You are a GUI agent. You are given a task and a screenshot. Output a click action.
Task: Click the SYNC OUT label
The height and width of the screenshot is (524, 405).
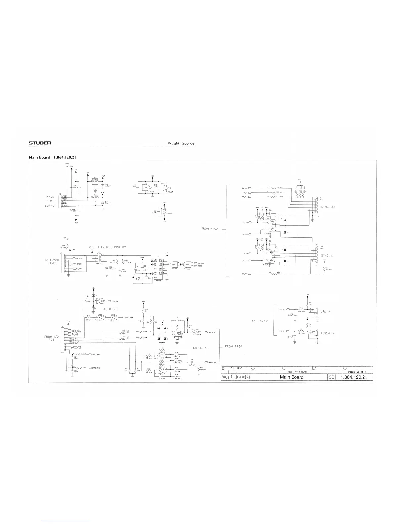coord(328,207)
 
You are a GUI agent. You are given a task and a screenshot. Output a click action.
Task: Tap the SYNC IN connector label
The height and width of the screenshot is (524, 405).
coord(327,256)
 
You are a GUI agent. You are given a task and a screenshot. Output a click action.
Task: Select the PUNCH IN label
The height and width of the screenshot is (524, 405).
coord(327,333)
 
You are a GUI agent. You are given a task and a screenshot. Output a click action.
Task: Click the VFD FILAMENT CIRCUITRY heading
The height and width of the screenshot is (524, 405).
coord(107,247)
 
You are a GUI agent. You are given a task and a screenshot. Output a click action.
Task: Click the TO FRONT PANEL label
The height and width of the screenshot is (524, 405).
coord(52,262)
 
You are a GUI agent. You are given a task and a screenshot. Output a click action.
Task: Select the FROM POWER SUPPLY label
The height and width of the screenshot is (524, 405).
coord(50,201)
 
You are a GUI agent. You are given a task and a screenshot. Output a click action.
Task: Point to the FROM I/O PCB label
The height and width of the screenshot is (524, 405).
coord(52,338)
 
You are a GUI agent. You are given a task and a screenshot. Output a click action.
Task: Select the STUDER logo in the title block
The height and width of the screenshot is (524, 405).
coord(236,377)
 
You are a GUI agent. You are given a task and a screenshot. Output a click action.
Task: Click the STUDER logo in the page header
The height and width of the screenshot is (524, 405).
coord(40,143)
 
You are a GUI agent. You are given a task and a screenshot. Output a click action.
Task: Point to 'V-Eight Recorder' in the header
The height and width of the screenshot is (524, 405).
coord(182,143)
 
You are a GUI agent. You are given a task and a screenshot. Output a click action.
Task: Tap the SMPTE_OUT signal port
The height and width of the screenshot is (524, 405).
coord(211,362)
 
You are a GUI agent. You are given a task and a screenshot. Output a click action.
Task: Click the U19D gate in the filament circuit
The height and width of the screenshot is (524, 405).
coord(187,264)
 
